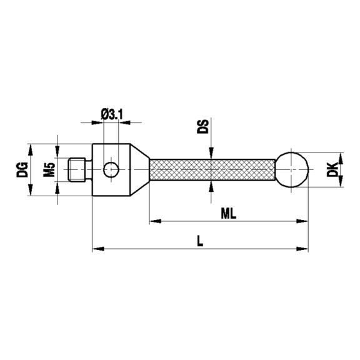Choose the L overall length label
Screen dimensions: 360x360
(199, 241)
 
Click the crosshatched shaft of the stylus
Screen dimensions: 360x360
(212, 169)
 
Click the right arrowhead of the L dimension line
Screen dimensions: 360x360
(305, 249)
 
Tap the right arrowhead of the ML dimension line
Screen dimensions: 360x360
(305, 221)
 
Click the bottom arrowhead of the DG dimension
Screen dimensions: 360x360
(28, 196)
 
